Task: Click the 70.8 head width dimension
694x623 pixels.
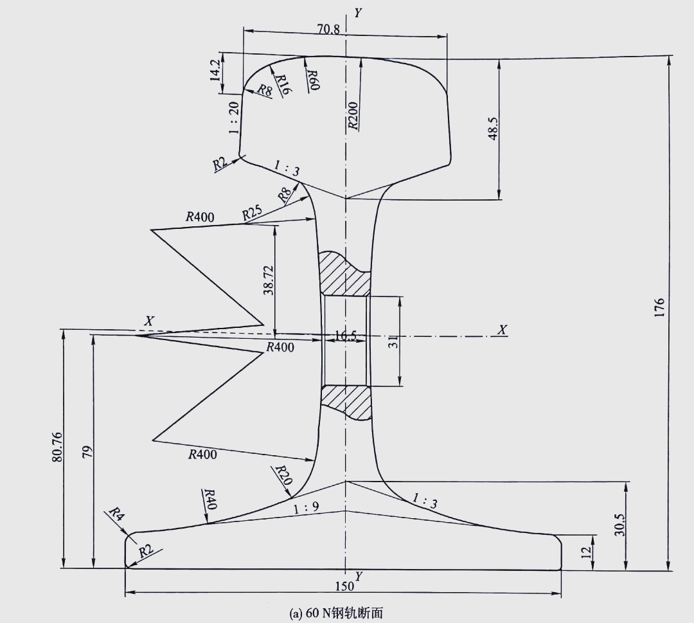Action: pos(328,29)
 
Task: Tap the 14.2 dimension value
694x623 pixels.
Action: pos(215,69)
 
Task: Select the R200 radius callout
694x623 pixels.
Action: pos(353,116)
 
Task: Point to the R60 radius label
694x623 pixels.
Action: pos(313,80)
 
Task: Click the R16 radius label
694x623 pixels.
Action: pos(282,85)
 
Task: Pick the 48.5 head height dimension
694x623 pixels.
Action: pos(493,129)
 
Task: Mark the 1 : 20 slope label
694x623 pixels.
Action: pos(234,118)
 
